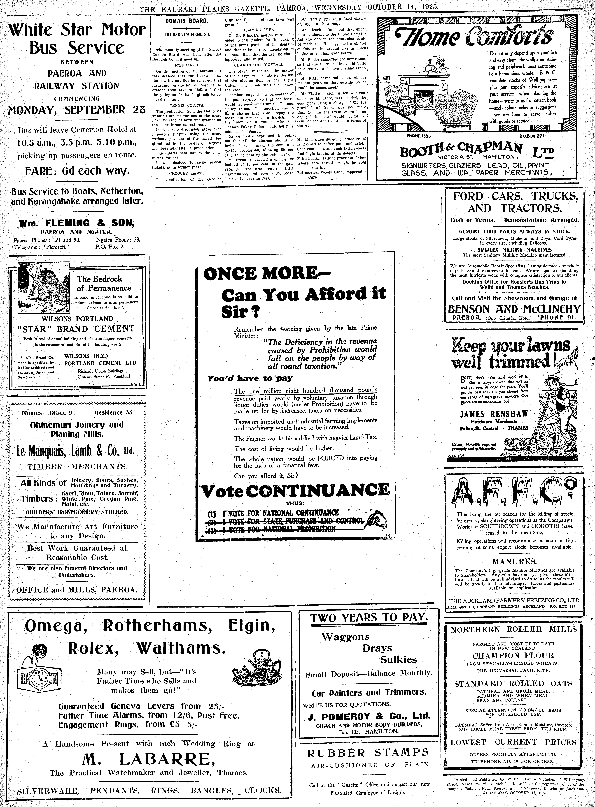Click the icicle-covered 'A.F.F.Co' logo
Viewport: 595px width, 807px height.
click(513, 491)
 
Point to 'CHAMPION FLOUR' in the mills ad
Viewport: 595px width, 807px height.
click(513, 655)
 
